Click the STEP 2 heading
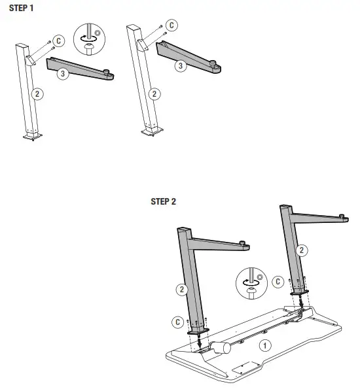pos(164,201)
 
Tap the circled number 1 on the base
pos(264,344)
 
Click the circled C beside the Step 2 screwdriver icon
pos(278,282)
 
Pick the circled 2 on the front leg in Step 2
pos(181,289)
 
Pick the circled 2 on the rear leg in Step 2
pos(302,250)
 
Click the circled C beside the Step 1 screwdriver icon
pos(58,41)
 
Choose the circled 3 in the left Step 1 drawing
pos(62,74)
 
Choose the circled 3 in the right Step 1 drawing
pos(179,65)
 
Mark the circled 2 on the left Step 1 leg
pos(38,93)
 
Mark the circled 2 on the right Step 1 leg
pos(154,93)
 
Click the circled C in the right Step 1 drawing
pos(172,25)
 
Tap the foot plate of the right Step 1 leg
pos(151,133)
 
